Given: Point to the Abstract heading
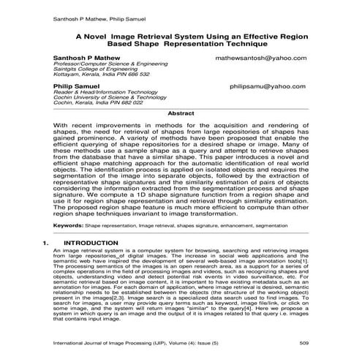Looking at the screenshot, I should coord(181,114).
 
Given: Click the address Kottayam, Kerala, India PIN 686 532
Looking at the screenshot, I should coord(101,75).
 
